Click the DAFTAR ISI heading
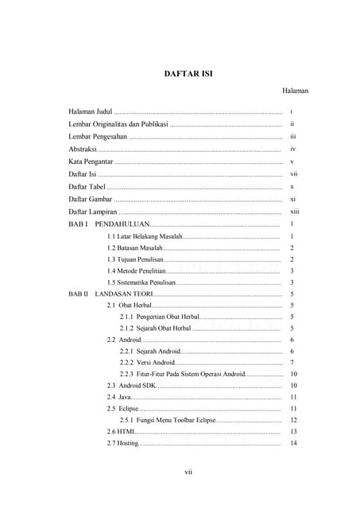(188, 74)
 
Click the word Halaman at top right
(295, 91)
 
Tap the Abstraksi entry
(83, 149)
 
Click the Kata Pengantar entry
(91, 161)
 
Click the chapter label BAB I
(78, 224)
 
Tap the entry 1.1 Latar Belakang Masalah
(145, 237)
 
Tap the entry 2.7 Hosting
(122, 443)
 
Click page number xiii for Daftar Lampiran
(294, 212)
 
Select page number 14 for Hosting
(294, 443)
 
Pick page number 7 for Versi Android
(293, 363)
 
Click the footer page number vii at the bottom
(188, 472)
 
